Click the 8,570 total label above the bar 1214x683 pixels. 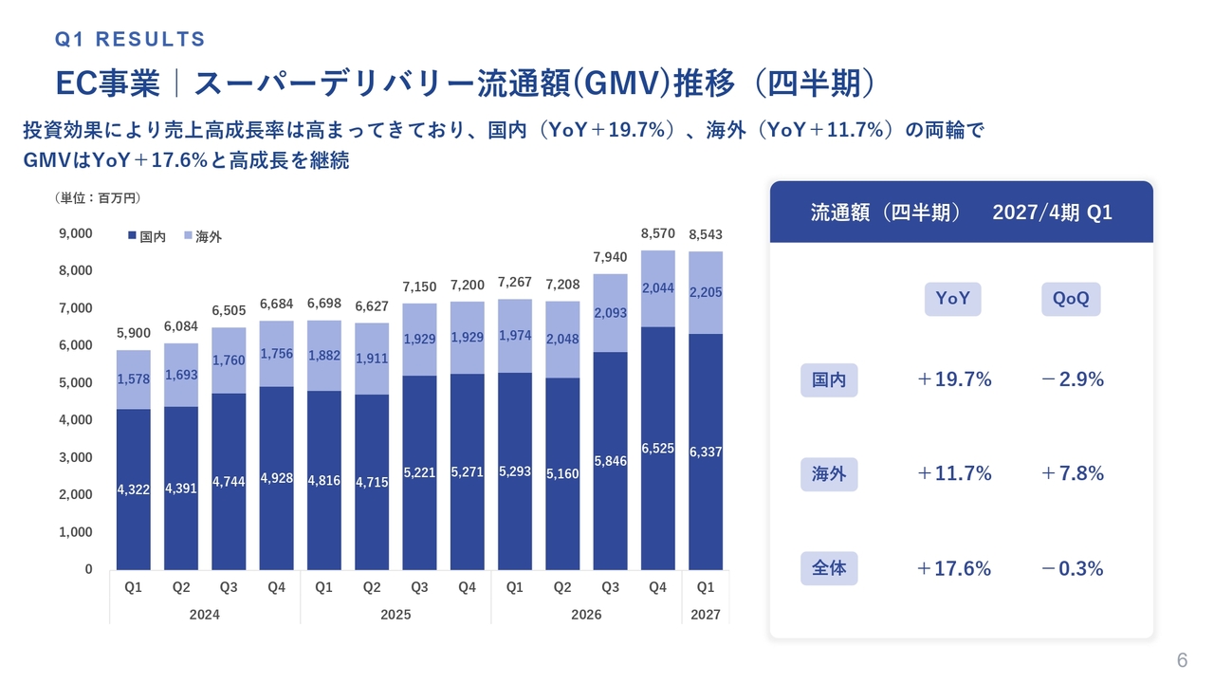click(657, 233)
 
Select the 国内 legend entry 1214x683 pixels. click(147, 236)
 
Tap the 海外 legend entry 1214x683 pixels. click(203, 236)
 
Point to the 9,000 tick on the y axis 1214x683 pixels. click(75, 233)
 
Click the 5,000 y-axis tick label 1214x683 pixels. click(75, 382)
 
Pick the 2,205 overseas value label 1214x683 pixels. click(705, 293)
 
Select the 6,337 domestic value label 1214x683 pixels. click(705, 452)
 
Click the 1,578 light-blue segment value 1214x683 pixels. click(134, 379)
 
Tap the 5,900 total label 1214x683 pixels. click(134, 333)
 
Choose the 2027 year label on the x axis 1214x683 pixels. click(705, 615)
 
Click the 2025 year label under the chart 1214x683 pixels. click(395, 615)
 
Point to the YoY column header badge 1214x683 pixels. click(952, 299)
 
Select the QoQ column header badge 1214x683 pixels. click(1071, 299)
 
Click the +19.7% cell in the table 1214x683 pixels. click(954, 379)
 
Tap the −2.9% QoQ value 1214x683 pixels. click(1072, 379)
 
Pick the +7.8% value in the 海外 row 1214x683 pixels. click(1072, 473)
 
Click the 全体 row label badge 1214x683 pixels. click(829, 568)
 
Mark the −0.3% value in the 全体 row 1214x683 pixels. click(1072, 568)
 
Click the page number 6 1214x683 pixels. click(1182, 661)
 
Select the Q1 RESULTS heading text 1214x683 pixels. click(130, 39)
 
